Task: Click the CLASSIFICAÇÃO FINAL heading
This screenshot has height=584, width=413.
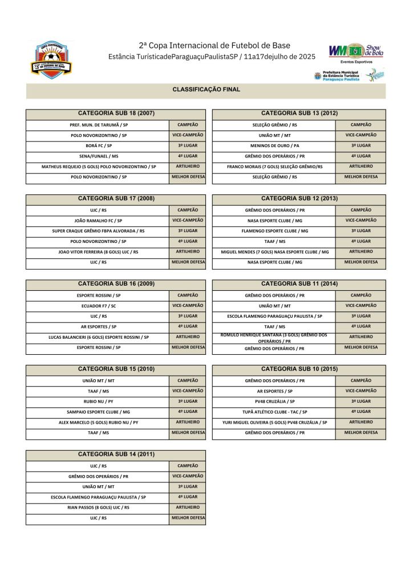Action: pyautogui.click(x=206, y=90)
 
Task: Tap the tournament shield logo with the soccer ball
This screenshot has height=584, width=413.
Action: pyautogui.click(x=51, y=60)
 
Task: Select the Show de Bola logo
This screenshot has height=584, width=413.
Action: pyautogui.click(x=356, y=52)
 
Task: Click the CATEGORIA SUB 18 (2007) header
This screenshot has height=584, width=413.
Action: pyautogui.click(x=116, y=113)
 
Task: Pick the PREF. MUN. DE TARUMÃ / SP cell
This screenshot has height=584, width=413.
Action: pyautogui.click(x=99, y=124)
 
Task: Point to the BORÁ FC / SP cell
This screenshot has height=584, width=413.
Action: pyautogui.click(x=99, y=145)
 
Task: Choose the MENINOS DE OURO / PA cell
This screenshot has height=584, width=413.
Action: pyautogui.click(x=274, y=145)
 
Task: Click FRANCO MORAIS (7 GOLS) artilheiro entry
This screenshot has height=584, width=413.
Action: pyautogui.click(x=274, y=167)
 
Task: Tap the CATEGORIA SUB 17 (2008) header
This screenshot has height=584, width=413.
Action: pyautogui.click(x=116, y=198)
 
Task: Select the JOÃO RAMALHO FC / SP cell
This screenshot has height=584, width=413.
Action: pyautogui.click(x=99, y=220)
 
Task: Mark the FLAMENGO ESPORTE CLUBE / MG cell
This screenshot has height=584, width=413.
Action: pyautogui.click(x=274, y=231)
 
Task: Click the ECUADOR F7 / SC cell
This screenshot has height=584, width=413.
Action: pyautogui.click(x=99, y=306)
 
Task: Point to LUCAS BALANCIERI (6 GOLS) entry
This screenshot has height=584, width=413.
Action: pyautogui.click(x=99, y=337)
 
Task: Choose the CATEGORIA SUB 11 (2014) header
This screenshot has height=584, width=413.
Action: pyautogui.click(x=299, y=283)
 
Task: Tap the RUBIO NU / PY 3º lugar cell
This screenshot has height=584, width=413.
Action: pyautogui.click(x=99, y=401)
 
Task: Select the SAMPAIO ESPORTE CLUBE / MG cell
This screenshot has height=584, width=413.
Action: pyautogui.click(x=99, y=412)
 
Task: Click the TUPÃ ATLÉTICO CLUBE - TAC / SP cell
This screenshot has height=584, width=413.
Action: pyautogui.click(x=274, y=412)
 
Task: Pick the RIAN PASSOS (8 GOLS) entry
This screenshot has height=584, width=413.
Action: pyautogui.click(x=99, y=507)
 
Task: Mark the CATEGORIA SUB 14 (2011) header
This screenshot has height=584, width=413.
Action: pyautogui.click(x=116, y=455)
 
